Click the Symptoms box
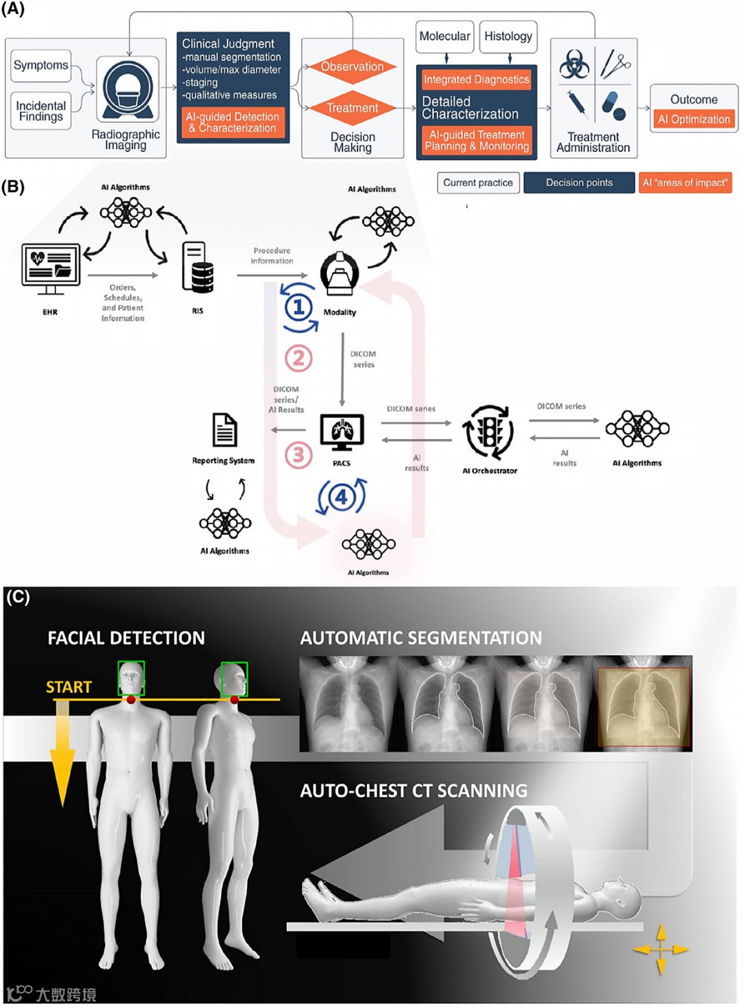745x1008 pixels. click(x=41, y=65)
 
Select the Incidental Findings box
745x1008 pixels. click(x=41, y=111)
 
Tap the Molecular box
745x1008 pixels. click(x=445, y=37)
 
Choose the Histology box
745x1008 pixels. click(x=508, y=37)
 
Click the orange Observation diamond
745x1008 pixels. click(x=352, y=67)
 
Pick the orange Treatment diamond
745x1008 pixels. click(x=352, y=108)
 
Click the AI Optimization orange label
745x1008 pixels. click(x=694, y=119)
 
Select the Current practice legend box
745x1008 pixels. click(x=478, y=183)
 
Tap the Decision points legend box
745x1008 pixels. click(x=579, y=183)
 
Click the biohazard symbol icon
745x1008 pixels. click(x=574, y=65)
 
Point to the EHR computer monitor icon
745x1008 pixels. click(x=50, y=265)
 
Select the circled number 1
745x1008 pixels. click(x=299, y=307)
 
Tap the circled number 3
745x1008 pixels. click(x=299, y=455)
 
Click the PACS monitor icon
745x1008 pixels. click(x=342, y=432)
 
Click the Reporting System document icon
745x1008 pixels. click(x=225, y=430)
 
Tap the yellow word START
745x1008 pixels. click(x=69, y=687)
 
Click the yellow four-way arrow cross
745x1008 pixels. click(x=661, y=949)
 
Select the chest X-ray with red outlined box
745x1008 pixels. click(x=644, y=707)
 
